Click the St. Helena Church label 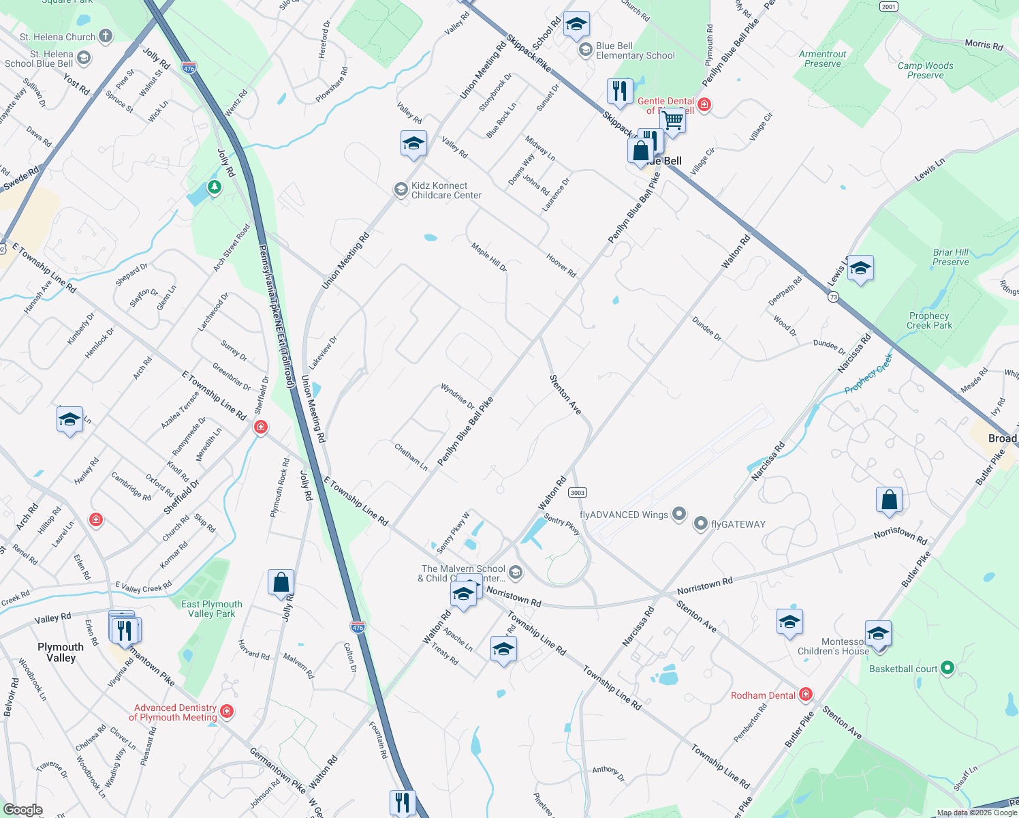[x=58, y=37]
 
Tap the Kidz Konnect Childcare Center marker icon [x=401, y=190]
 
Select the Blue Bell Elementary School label [x=635, y=51]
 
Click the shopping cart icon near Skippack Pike [x=673, y=121]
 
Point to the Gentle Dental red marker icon [x=704, y=105]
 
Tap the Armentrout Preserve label [x=823, y=59]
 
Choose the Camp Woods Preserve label [x=925, y=70]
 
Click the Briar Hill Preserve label [x=950, y=257]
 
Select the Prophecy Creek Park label [x=929, y=320]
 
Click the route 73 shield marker [x=834, y=297]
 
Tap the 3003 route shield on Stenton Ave [x=578, y=493]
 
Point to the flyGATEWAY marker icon [x=701, y=524]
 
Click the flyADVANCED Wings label [x=624, y=515]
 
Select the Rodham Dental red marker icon [x=806, y=695]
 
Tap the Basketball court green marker [x=947, y=668]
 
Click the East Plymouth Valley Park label [x=211, y=609]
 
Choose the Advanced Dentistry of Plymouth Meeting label [x=174, y=712]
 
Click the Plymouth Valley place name [x=61, y=652]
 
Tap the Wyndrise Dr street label [x=458, y=396]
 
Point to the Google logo [x=22, y=810]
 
